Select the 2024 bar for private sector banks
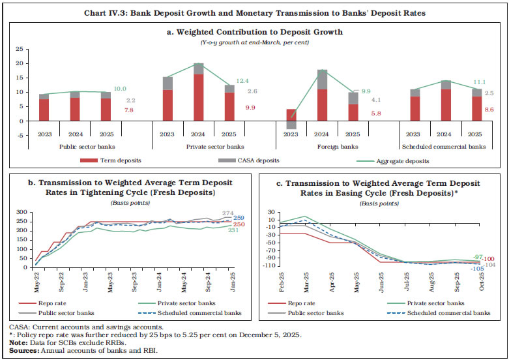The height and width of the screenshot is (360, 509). point(199,91)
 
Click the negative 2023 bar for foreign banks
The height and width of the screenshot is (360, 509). point(291,125)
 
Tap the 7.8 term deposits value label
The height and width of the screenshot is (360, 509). point(130,112)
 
